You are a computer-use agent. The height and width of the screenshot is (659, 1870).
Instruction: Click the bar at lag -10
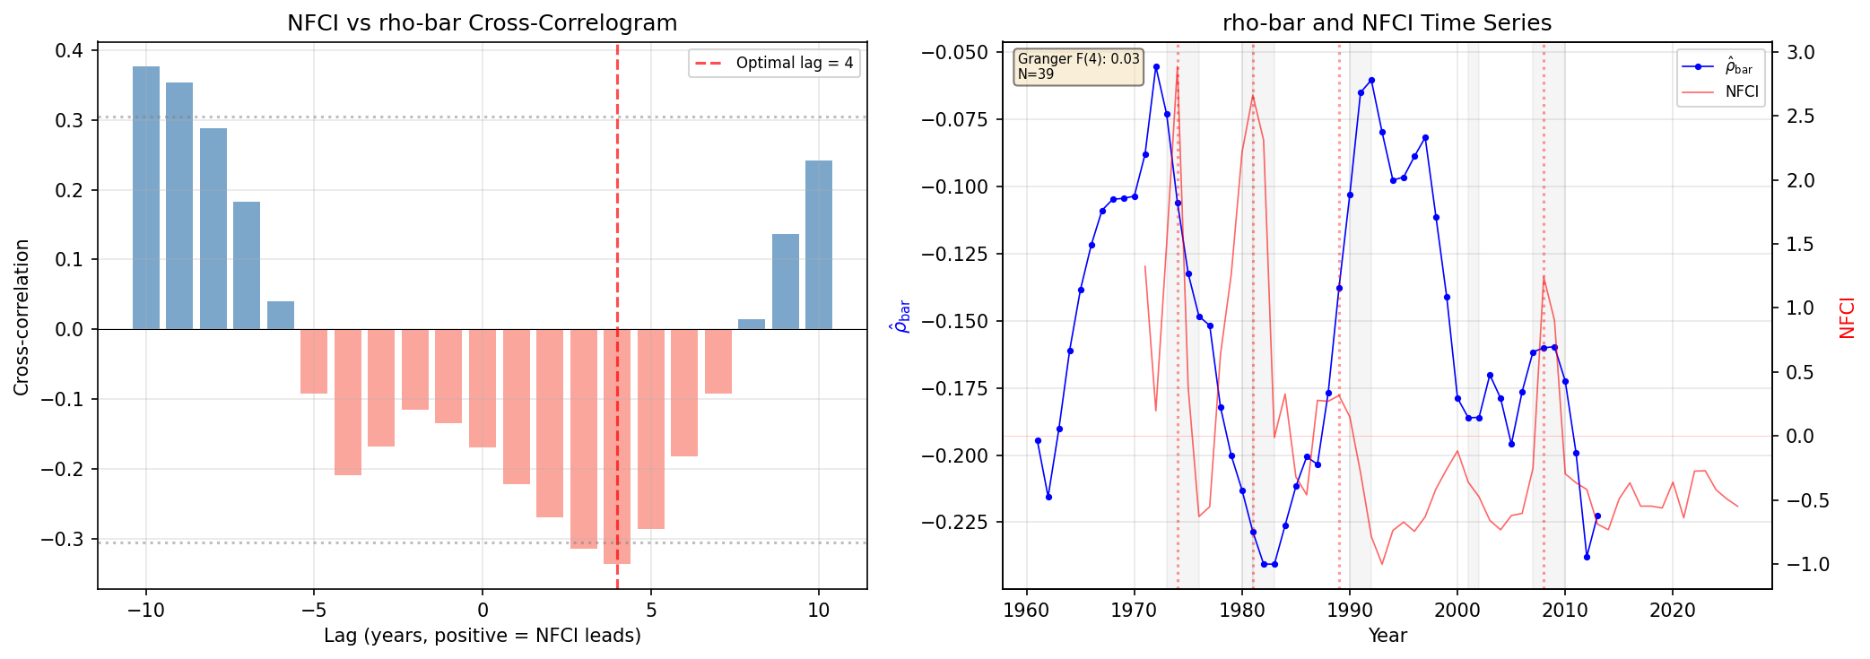point(146,197)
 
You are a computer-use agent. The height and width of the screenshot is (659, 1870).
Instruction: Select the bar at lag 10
point(819,245)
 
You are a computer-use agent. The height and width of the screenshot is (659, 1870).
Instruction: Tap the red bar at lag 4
point(617,447)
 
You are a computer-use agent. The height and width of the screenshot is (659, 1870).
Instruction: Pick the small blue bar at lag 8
point(752,324)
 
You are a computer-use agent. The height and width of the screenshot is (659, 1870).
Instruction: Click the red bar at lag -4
point(348,402)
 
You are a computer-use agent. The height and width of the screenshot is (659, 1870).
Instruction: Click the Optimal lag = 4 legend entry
point(774,63)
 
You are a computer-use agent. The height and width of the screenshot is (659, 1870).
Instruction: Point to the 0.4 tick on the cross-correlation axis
point(69,50)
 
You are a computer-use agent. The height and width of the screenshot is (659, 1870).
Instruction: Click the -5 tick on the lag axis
point(314,611)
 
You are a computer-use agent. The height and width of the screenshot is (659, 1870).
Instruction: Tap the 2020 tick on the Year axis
point(1672,611)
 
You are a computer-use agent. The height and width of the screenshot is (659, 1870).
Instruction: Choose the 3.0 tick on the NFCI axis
point(1800,53)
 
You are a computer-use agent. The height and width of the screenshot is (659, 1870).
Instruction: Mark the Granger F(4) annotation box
point(1078,67)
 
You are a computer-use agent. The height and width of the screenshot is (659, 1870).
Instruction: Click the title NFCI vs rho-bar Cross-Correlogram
point(482,23)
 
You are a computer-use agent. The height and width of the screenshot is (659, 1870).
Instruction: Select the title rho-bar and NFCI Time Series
point(1387,23)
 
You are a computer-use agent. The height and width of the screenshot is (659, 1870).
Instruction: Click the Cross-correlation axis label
point(22,316)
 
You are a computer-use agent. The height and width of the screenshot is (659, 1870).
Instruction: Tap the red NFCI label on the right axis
point(1847,317)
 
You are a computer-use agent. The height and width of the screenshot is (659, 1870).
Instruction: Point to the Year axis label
point(1387,636)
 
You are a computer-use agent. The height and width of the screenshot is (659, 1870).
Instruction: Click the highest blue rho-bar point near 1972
point(1156,66)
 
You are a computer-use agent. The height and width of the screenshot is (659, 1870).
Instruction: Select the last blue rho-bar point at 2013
point(1597,516)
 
